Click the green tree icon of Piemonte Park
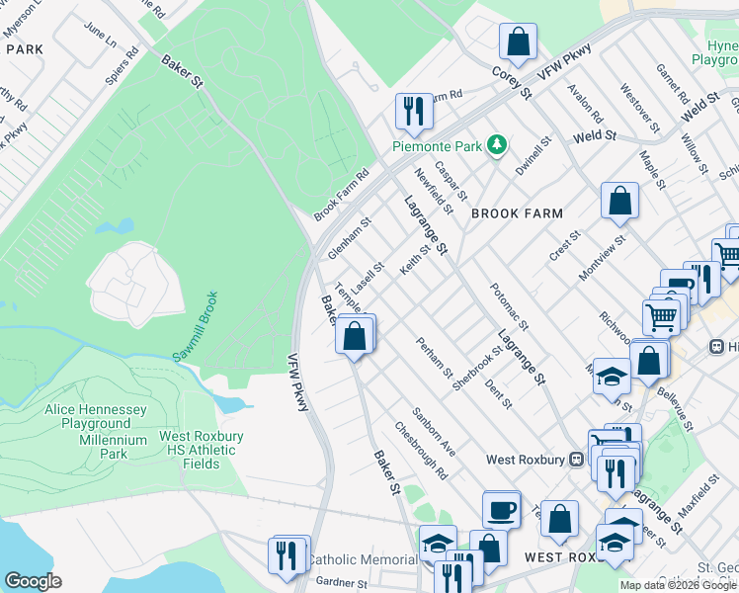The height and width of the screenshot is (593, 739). pyautogui.click(x=498, y=146)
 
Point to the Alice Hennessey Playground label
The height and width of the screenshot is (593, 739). pyautogui.click(x=95, y=416)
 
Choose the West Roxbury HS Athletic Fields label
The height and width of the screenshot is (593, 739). pyautogui.click(x=198, y=443)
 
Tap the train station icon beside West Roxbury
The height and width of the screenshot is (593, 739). pyautogui.click(x=576, y=459)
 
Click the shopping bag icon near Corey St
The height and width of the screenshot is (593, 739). pyautogui.click(x=517, y=42)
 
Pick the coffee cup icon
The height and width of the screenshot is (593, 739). pyautogui.click(x=501, y=509)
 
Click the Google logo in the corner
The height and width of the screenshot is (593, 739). pyautogui.click(x=33, y=580)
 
